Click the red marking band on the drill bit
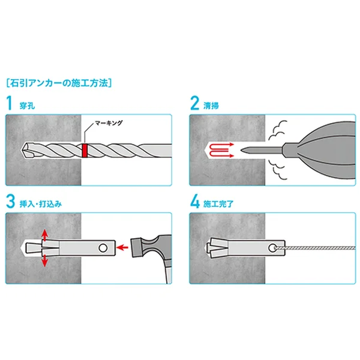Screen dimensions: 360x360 [85, 151]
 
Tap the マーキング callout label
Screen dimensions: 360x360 [109, 123]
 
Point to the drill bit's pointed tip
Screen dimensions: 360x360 [22, 150]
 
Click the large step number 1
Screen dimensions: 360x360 [10, 103]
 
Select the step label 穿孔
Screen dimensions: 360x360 [27, 106]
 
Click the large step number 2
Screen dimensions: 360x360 [194, 103]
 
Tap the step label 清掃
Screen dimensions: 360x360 [211, 106]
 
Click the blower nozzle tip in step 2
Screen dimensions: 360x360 [242, 151]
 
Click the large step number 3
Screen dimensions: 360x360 [10, 202]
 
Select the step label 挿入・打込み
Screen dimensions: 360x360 [41, 204]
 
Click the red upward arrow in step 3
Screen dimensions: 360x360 [44, 235]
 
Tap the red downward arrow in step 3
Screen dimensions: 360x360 [44, 260]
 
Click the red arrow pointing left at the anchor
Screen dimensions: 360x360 [122, 247]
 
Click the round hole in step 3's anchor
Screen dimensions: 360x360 [103, 248]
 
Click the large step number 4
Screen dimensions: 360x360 [195, 202]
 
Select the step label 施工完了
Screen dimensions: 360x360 [218, 204]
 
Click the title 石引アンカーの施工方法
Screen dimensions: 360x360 [59, 83]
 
